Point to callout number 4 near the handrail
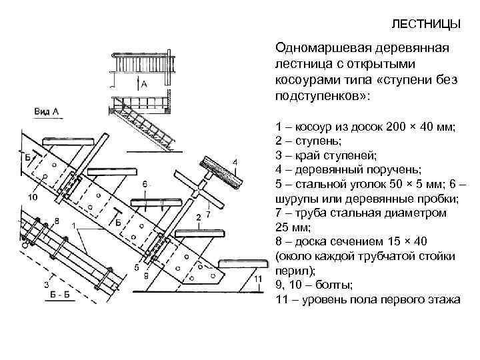pyautogui.click(x=235, y=162)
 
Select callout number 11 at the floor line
pyautogui.click(x=256, y=277)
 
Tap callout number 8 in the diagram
pyautogui.click(x=56, y=220)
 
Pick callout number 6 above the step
pyautogui.click(x=145, y=183)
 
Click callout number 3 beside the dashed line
pyautogui.click(x=45, y=285)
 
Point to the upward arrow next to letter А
pyautogui.click(x=137, y=83)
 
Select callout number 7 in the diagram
pyautogui.click(x=208, y=215)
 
